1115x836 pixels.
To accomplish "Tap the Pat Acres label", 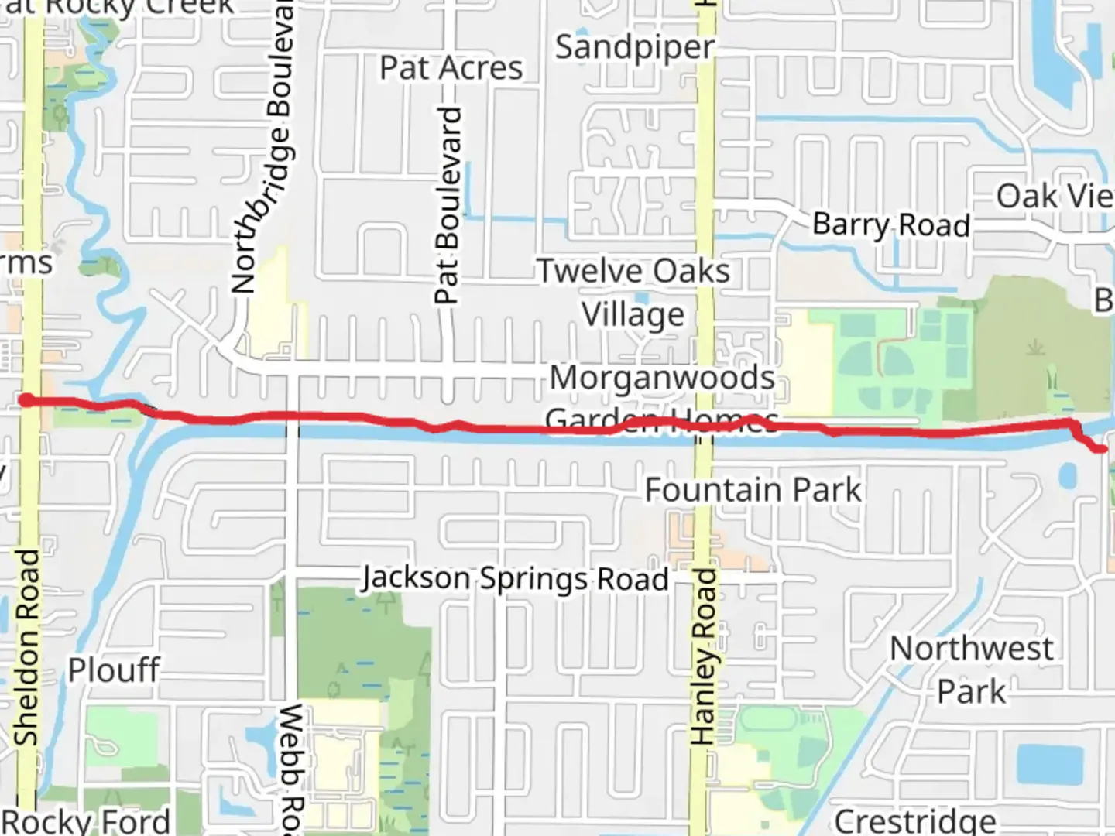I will [451, 68].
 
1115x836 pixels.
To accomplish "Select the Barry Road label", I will [890, 224].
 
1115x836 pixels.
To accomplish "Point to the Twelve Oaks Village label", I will [633, 293].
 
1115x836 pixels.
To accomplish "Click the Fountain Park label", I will [753, 490].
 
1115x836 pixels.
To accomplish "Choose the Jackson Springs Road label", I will [515, 579].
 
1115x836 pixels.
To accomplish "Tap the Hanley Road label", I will [702, 656].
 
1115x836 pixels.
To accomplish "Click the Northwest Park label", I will [971, 670].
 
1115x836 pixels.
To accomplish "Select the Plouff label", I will [114, 670].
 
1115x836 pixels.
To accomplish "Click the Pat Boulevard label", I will [448, 206].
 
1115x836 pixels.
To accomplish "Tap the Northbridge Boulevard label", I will [262, 147].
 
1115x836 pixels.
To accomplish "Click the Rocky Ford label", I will [87, 821].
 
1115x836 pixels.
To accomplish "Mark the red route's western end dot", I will [26, 400].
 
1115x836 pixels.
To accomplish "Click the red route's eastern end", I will [1102, 449].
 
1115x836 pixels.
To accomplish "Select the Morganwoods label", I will [662, 379].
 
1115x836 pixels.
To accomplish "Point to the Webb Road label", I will [291, 766].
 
